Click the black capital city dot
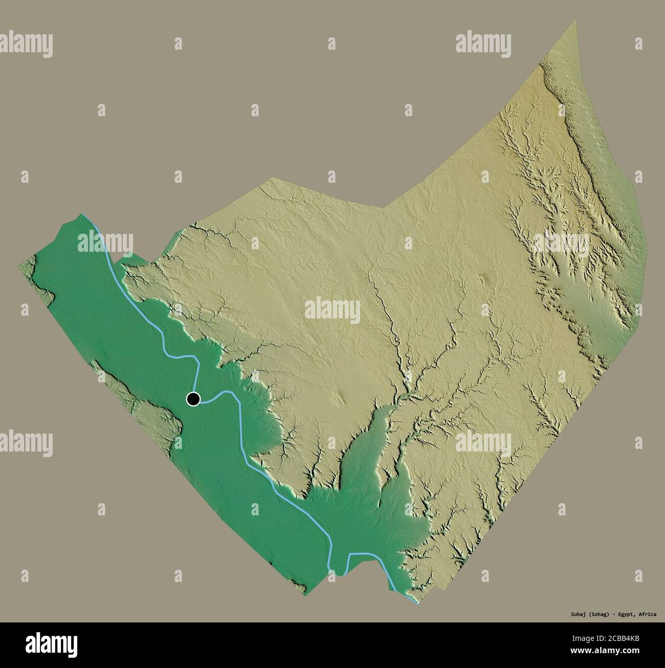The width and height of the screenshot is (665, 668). (x=193, y=399)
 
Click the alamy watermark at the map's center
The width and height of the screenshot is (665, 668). (x=332, y=310)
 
